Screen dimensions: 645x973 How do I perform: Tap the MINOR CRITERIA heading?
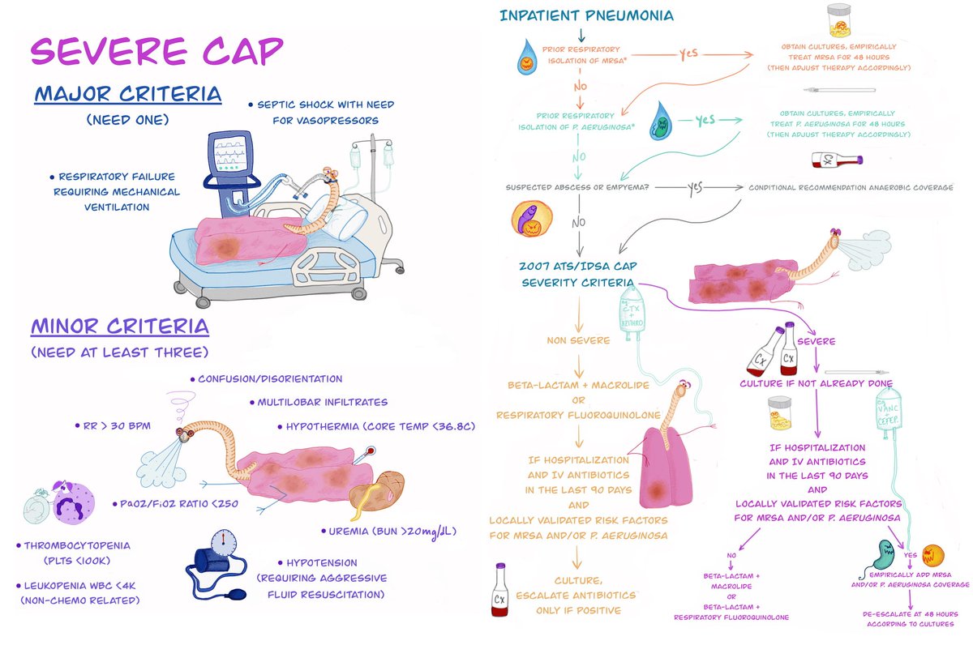(x=120, y=327)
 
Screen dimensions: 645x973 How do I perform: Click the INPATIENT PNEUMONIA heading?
(x=586, y=15)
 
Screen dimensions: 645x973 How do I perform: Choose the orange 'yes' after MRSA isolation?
(x=688, y=55)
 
